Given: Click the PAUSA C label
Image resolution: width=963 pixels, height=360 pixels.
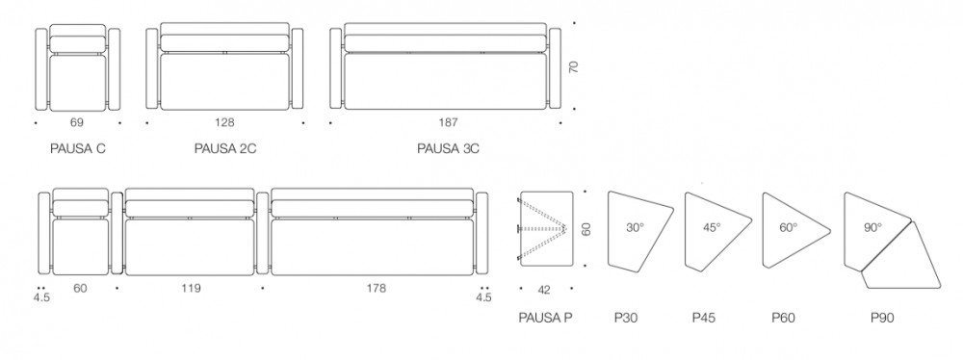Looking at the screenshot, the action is point(77,148).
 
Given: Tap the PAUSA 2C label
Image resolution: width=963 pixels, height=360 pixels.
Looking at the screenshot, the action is point(224,148).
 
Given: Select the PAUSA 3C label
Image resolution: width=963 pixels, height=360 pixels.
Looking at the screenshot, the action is point(449,148).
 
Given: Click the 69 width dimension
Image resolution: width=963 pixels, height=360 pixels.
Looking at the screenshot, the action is point(77,123).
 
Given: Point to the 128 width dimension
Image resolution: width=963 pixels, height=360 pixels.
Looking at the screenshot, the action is point(224,123).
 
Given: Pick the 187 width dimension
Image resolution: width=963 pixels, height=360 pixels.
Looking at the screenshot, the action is point(449,123).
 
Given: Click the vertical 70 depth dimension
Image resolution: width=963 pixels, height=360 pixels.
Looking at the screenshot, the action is point(574,66).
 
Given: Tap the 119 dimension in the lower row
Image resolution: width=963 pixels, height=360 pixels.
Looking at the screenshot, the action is point(191,288).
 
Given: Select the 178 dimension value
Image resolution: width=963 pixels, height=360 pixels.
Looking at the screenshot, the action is point(376,288).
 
